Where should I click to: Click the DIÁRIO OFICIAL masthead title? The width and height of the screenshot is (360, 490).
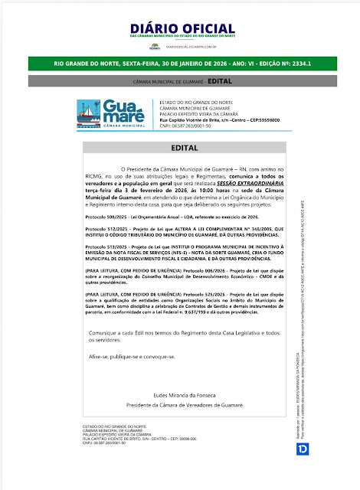tap(180, 30)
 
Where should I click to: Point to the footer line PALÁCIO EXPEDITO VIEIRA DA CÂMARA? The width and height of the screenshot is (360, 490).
tap(118, 433)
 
